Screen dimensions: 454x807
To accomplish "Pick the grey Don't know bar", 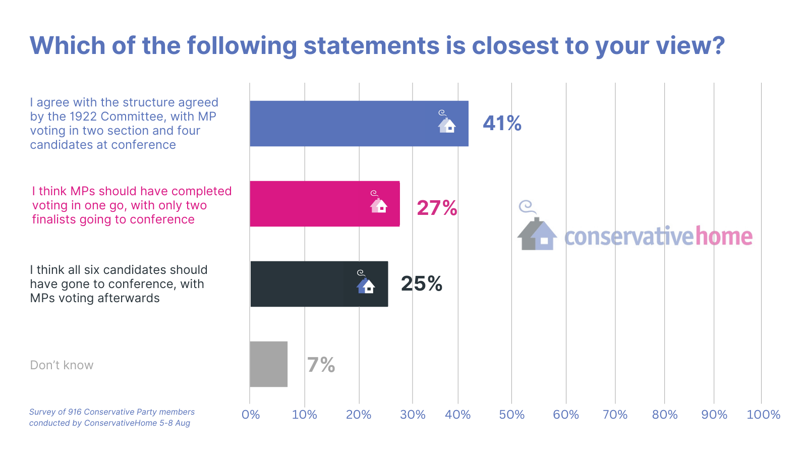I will coord(268,364).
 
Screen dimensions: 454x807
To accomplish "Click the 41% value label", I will coord(502,123).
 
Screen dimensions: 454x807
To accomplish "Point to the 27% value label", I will coord(437,208).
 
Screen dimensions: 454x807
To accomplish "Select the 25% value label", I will coord(422,283).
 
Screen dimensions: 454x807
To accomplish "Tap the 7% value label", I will coord(321,365).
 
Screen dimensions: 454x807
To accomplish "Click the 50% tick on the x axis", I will coord(511,415).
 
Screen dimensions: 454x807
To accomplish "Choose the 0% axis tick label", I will coord(251,415).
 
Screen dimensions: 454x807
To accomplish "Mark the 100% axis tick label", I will coord(763,415).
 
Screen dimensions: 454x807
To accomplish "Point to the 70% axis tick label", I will coord(615,415).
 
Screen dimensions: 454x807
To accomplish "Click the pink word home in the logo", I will coord(724,236).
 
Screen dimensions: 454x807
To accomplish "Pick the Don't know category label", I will coord(62,365).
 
